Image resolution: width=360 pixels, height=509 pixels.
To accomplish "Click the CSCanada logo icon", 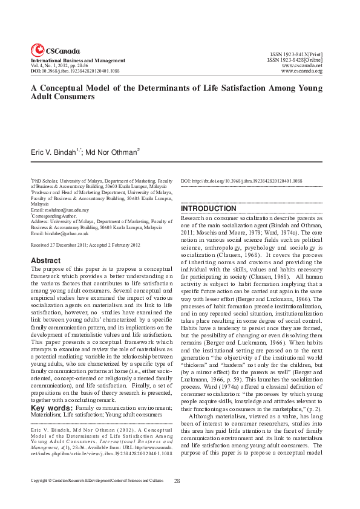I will (38, 50).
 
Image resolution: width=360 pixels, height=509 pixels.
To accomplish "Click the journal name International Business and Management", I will (78, 60).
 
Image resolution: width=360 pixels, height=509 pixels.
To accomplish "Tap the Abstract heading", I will (45, 261).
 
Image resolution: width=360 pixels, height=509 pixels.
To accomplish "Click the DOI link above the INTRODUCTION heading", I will (242, 181).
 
